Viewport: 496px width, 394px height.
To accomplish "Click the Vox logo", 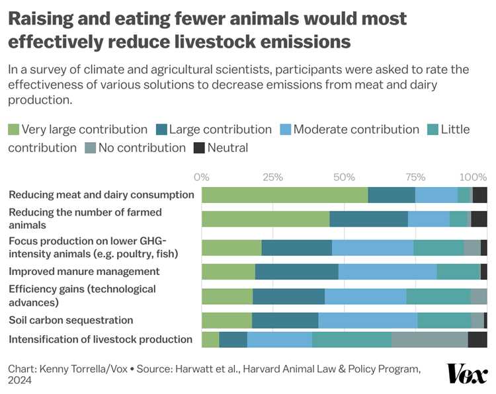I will tap(468, 374).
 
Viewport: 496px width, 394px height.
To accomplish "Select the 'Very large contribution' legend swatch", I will tap(13, 130).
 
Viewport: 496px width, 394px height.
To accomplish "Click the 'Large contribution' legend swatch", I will tap(161, 130).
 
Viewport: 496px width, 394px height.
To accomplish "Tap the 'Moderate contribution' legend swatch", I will tap(285, 130).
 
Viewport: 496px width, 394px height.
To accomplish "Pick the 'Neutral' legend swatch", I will tap(199, 148).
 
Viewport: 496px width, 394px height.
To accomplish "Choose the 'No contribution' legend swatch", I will tap(90, 148).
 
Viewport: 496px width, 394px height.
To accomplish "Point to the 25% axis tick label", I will tap(272, 177).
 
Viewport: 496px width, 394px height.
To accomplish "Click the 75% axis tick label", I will tap(415, 177).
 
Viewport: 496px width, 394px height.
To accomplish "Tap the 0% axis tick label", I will tap(202, 177).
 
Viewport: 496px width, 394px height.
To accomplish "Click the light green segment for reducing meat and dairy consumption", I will tap(284, 195).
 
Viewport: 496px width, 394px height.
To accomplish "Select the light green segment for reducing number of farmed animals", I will tap(265, 219).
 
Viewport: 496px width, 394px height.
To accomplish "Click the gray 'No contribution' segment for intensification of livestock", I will tap(429, 340).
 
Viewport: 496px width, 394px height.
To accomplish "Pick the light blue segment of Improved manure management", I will tap(387, 272).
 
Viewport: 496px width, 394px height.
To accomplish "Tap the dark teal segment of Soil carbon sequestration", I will tap(285, 320).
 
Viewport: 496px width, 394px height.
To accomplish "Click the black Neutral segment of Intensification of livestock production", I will tap(477, 340).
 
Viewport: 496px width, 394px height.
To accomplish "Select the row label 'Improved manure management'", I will tap(83, 271).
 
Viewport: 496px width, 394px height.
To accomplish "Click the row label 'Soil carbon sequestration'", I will tap(71, 320).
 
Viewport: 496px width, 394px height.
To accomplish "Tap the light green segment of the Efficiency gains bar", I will tap(227, 296).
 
